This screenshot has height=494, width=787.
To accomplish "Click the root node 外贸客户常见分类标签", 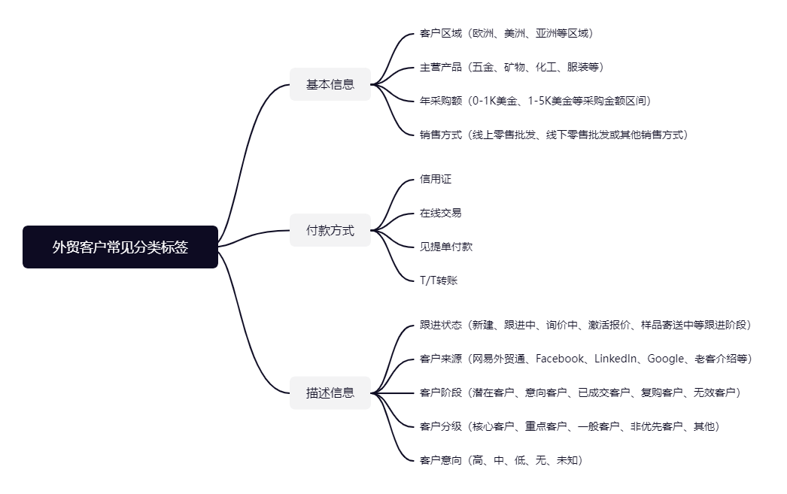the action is [x=120, y=247].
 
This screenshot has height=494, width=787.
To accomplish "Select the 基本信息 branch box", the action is [x=330, y=84].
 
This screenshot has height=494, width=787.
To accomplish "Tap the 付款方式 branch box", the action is [x=330, y=230].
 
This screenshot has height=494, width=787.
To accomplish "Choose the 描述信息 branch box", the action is [x=330, y=392].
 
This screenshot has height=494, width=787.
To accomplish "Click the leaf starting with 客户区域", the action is [x=506, y=33].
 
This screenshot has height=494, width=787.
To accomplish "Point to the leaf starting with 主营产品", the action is [x=512, y=67].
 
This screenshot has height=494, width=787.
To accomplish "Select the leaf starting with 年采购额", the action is [x=536, y=101].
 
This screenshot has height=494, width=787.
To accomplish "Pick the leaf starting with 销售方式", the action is [x=554, y=135].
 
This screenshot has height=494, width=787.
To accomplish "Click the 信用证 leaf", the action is [x=436, y=179].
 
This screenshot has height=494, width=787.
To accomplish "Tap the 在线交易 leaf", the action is [x=441, y=213].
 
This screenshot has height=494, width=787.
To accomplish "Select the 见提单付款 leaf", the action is [x=446, y=246].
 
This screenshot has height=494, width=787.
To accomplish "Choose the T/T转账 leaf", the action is [x=439, y=280].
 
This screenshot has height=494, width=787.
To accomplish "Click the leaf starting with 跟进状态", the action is [x=585, y=325].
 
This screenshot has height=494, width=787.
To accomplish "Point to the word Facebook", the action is [x=560, y=359].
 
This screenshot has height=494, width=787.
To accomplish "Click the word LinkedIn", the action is [x=615, y=359].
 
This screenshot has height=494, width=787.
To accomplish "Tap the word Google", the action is [x=666, y=359].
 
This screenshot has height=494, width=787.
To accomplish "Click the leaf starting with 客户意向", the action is [x=501, y=460].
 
